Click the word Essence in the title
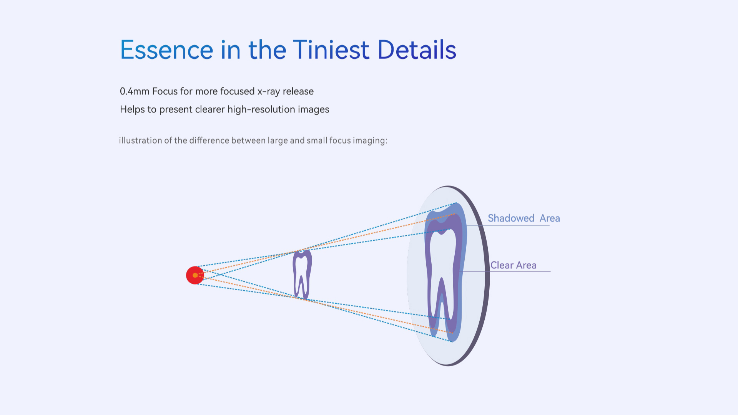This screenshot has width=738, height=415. coord(167,50)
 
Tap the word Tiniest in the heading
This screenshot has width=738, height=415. coord(331,50)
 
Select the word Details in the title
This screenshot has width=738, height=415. coord(417,50)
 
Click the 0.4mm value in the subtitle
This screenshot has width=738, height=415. coord(135,91)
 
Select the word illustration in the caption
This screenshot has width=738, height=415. coord(140,141)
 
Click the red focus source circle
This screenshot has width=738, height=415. coord(195,275)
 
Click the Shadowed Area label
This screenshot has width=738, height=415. coord(524,218)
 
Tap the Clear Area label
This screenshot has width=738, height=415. coord(514,265)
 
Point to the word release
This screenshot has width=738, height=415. coord(298,91)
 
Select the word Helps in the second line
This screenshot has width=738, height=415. coord(132,109)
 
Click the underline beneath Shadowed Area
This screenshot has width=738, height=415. coord(508,225)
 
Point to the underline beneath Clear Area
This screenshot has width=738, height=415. coord(505,271)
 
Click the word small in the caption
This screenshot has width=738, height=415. coord(317,141)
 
